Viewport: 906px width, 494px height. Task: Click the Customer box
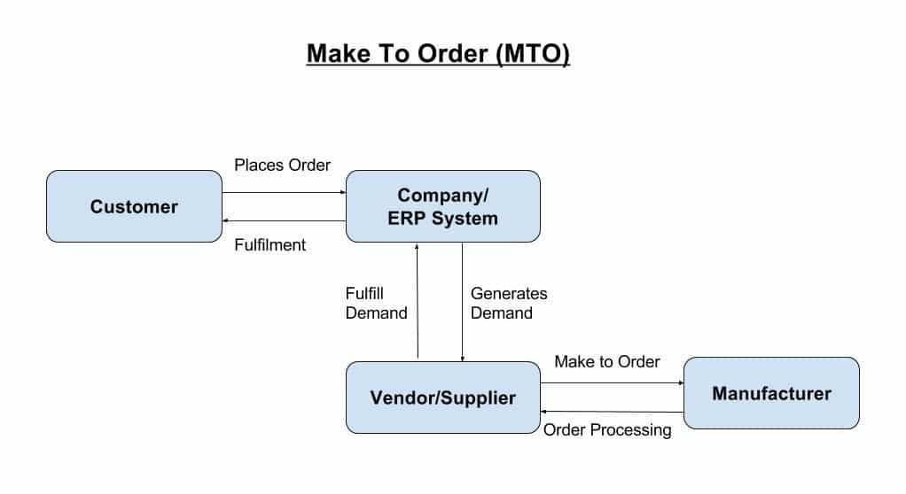pyautogui.click(x=134, y=207)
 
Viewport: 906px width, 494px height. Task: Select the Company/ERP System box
pyautogui.click(x=442, y=206)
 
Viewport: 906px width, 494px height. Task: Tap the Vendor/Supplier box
pyautogui.click(x=442, y=398)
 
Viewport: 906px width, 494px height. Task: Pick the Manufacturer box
pyautogui.click(x=771, y=393)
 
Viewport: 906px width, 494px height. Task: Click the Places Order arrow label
pyautogui.click(x=282, y=166)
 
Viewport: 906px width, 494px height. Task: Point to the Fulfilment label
pyautogui.click(x=269, y=245)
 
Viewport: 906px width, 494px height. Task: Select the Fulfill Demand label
pyautogui.click(x=376, y=303)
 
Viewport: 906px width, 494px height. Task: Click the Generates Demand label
pyautogui.click(x=509, y=303)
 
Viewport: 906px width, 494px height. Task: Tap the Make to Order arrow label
pyautogui.click(x=607, y=362)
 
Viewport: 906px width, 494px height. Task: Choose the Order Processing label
pyautogui.click(x=607, y=430)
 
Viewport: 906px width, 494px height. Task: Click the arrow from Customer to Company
pyautogui.click(x=284, y=192)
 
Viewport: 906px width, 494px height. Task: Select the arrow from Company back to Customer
pyautogui.click(x=284, y=221)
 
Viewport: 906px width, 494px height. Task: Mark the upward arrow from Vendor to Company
pyautogui.click(x=417, y=301)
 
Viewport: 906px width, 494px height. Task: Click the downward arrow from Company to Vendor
pyautogui.click(x=462, y=301)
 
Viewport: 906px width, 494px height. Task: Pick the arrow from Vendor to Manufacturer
pyautogui.click(x=612, y=383)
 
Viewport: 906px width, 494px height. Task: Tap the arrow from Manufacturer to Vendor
pyautogui.click(x=612, y=412)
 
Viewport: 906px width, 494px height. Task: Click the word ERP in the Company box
pyautogui.click(x=407, y=218)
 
